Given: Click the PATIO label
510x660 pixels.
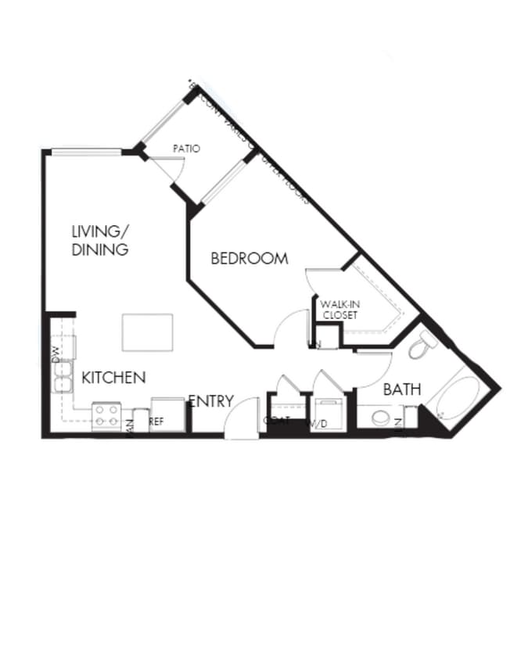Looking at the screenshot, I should pyautogui.click(x=187, y=148).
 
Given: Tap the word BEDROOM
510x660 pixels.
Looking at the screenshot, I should pyautogui.click(x=250, y=258).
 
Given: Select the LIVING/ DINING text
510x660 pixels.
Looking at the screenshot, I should pyautogui.click(x=99, y=240).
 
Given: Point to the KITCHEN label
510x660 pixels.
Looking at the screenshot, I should pyautogui.click(x=113, y=378).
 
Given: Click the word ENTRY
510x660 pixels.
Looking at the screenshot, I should pyautogui.click(x=211, y=401).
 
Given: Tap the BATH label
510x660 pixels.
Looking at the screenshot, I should pyautogui.click(x=402, y=389).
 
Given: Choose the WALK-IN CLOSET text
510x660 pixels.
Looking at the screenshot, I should pyautogui.click(x=339, y=310).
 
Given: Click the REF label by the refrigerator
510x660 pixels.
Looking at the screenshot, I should pyautogui.click(x=156, y=421).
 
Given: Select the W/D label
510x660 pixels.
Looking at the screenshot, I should pyautogui.click(x=318, y=424).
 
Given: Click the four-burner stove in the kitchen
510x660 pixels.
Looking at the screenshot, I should pyautogui.click(x=106, y=415).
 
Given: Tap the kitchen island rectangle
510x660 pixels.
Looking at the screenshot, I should pyautogui.click(x=147, y=332).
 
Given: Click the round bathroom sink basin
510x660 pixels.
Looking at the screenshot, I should pyautogui.click(x=381, y=417).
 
